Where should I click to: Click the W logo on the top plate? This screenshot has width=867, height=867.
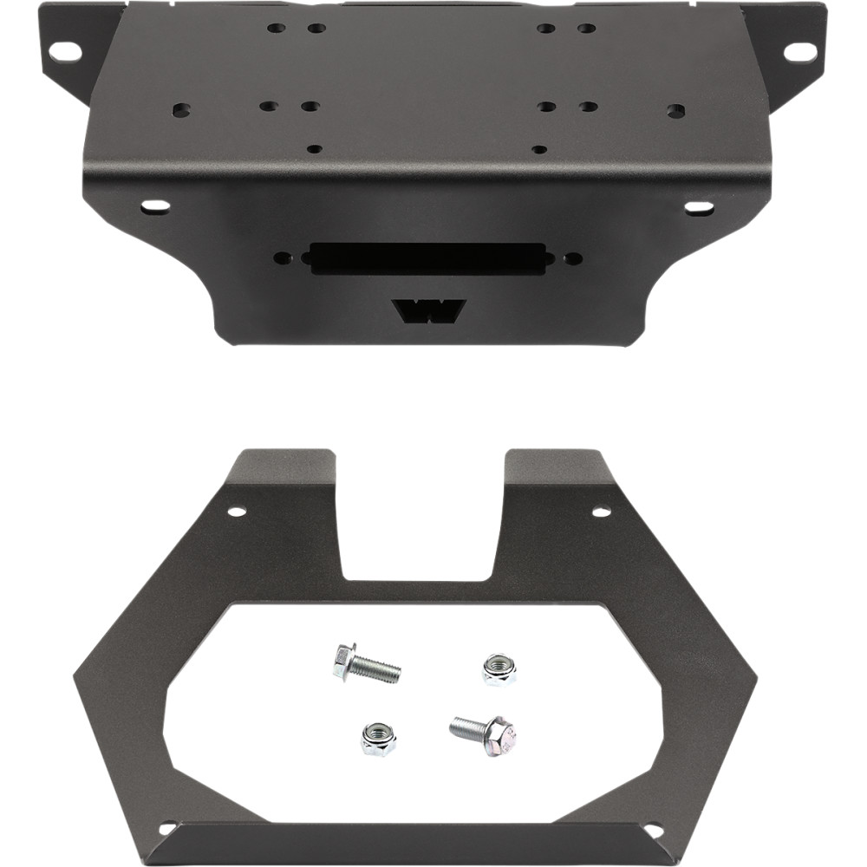click(428, 310)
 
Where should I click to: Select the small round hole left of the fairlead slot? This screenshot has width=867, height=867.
click(284, 257)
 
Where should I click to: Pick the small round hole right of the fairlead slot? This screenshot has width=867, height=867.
click(572, 257)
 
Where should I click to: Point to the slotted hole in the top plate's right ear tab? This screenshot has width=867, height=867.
click(793, 50)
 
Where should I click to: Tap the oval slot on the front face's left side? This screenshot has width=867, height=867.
click(156, 206)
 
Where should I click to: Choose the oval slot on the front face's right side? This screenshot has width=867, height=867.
click(699, 208)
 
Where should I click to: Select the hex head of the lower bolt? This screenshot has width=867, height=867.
click(502, 736)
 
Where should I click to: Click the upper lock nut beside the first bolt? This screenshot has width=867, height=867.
click(499, 669)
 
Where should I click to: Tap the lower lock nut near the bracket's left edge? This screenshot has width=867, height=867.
click(378, 738)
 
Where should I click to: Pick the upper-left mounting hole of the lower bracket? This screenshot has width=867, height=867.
click(237, 512)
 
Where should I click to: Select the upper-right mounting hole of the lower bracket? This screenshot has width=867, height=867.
click(601, 512)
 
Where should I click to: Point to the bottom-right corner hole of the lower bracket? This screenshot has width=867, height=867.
click(652, 830)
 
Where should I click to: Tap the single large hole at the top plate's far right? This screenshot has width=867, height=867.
click(676, 111)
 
